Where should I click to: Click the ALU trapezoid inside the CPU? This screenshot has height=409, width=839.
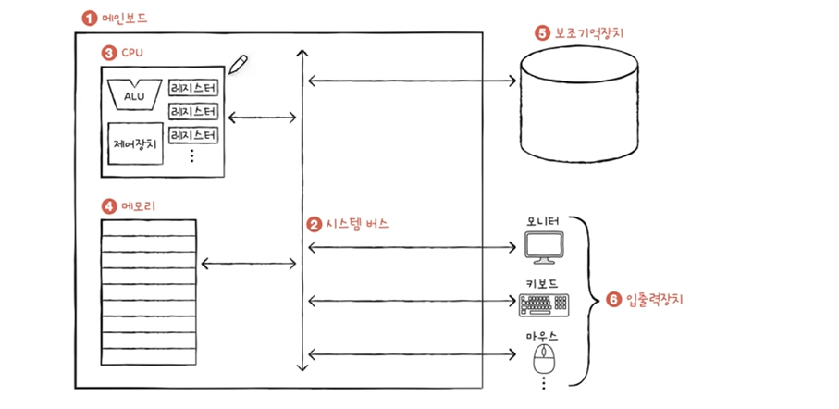(134, 94)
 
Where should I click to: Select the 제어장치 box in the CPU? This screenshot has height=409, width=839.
(135, 143)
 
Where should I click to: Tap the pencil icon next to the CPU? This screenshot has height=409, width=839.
(238, 64)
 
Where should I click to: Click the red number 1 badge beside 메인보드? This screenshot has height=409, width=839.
(87, 19)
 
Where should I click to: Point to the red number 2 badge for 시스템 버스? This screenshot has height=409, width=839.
(313, 224)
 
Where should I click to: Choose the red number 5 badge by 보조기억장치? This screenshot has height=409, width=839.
(541, 33)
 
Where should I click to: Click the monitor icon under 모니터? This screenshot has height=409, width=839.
(544, 247)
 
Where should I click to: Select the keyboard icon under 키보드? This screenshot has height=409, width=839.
(544, 305)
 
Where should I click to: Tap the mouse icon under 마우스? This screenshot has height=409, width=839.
(543, 359)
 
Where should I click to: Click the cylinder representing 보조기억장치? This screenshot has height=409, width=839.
(579, 104)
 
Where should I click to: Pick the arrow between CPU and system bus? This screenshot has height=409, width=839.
(262, 118)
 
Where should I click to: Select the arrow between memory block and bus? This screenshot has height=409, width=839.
(248, 264)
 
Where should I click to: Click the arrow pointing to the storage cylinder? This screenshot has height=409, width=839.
(412, 81)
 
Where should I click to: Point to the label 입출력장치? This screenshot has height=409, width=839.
(653, 300)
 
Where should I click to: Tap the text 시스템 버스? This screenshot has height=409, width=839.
(357, 224)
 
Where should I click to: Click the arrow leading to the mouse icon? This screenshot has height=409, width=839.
(412, 353)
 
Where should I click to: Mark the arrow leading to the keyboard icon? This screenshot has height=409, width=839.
(412, 302)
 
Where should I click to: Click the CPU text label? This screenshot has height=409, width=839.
(131, 53)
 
